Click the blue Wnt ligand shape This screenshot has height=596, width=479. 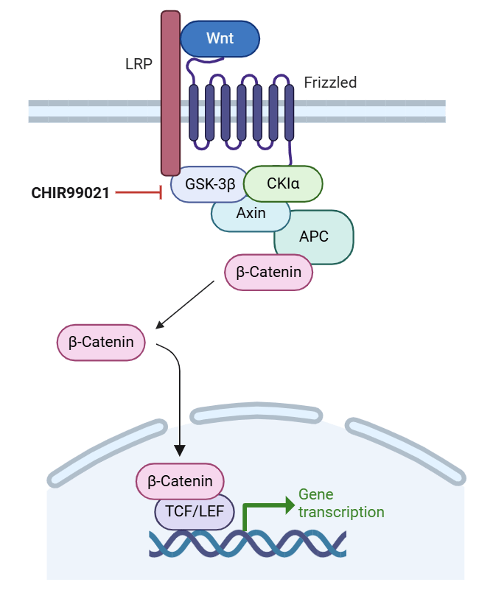coord(220,38)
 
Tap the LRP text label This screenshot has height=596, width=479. coord(139,64)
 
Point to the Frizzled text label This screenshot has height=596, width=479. coord(330,83)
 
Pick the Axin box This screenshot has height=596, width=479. coord(251,214)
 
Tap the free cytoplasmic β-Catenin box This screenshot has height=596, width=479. coord(101,343)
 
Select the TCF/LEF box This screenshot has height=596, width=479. coord(195,511)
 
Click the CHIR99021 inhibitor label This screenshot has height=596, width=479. coord(70,193)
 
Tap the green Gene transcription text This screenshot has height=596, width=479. coord(340,503)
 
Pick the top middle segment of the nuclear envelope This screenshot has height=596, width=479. coord(259,410)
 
